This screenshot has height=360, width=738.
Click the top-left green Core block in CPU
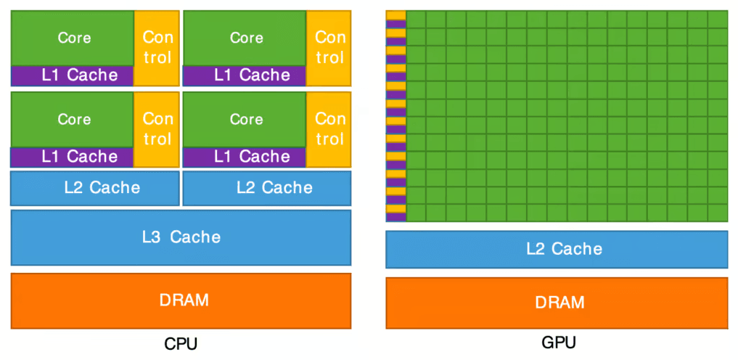point(73,38)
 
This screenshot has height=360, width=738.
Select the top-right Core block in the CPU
point(245,38)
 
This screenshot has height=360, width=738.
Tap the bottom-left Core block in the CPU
point(73,119)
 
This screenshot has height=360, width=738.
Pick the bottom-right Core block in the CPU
point(245,119)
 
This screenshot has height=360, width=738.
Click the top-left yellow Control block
point(157,47)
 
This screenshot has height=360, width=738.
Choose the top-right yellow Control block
point(330,47)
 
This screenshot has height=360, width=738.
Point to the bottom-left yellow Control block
point(157,128)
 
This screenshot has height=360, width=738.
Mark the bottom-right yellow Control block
point(330,128)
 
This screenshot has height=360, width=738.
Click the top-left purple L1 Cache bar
point(73,75)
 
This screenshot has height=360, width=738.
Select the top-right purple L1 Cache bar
point(245,75)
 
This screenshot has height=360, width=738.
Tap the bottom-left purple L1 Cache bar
point(73,157)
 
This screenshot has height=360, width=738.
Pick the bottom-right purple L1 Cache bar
point(245,157)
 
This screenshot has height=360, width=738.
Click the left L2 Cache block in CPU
point(95,189)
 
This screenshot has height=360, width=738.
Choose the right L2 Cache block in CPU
point(267,189)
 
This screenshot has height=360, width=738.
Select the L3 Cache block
point(181,237)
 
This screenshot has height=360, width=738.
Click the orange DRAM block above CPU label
point(181,300)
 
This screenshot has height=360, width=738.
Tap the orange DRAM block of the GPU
point(557,302)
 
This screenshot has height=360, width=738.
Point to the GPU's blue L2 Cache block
point(557,250)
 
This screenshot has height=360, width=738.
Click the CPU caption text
point(181,343)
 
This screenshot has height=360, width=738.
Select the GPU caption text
point(558,343)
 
